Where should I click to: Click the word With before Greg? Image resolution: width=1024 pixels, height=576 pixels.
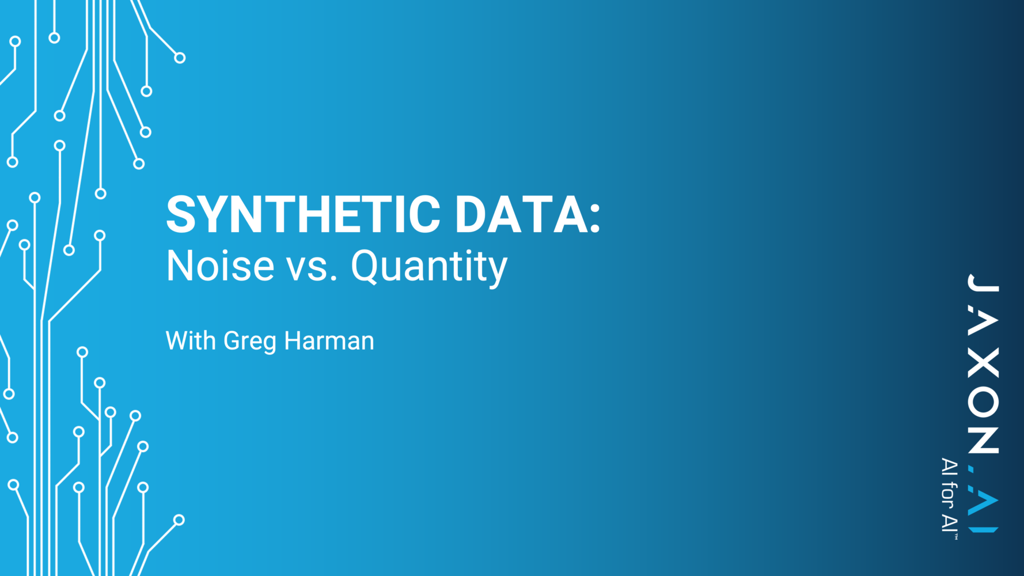(191, 340)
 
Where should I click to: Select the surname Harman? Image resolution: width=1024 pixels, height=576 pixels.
(329, 340)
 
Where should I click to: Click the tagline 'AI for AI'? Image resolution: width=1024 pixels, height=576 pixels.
(949, 495)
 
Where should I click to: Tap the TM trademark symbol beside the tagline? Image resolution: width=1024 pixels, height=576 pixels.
(956, 536)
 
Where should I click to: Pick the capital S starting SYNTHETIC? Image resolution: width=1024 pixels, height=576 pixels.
(181, 214)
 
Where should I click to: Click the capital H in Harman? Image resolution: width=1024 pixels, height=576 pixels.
(294, 340)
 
